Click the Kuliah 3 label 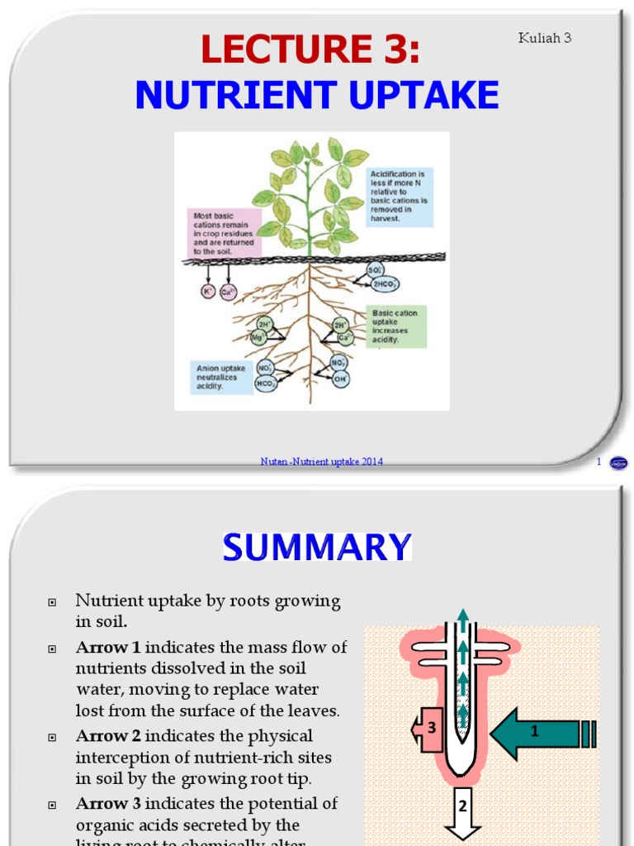click(545, 37)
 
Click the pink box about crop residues click(223, 234)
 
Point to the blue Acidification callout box click(400, 197)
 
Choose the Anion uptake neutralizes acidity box click(221, 377)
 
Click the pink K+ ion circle click(208, 291)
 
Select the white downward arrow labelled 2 click(463, 814)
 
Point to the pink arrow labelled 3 click(429, 729)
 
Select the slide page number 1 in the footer click(599, 462)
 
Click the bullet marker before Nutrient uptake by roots click(52, 601)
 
